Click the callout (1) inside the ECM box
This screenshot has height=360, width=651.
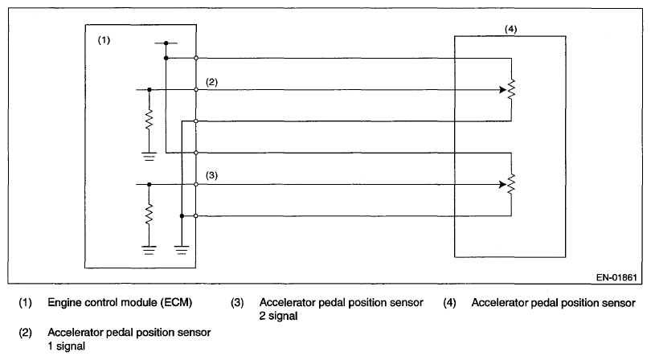pos(104,40)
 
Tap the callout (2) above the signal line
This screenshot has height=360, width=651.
pos(211,82)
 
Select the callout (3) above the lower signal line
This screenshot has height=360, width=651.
pos(211,175)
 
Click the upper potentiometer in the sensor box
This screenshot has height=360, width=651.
pos(511,90)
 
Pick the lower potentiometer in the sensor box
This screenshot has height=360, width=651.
pos(511,183)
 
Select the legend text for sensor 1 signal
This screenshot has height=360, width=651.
pos(129,337)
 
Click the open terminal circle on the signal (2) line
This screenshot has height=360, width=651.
pos(195,90)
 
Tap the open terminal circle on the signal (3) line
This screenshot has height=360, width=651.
pos(195,183)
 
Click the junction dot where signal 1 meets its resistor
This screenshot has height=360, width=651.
pos(149,90)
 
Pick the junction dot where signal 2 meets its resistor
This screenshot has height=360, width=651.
pos(149,183)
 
